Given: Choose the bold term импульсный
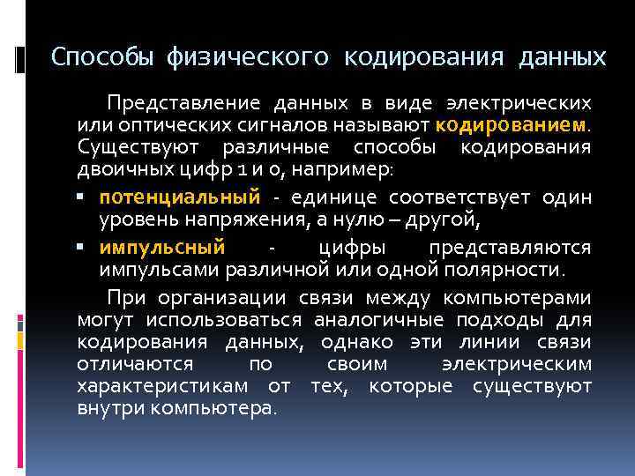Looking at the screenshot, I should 162,247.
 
